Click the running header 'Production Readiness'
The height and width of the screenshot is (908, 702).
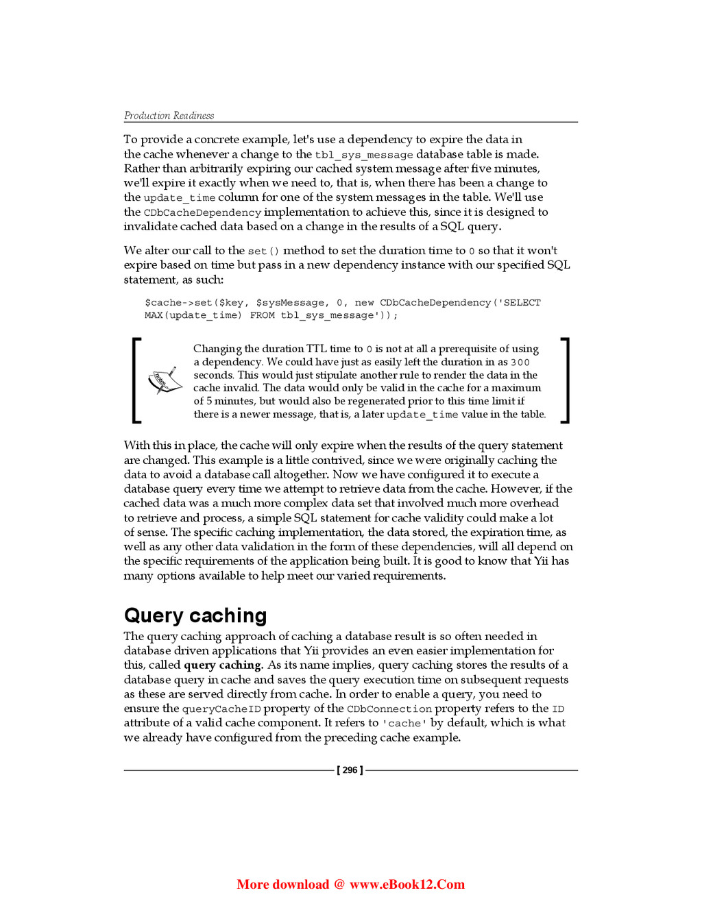click(x=169, y=116)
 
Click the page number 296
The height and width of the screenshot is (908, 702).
click(x=350, y=770)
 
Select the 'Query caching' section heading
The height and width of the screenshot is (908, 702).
click(x=195, y=615)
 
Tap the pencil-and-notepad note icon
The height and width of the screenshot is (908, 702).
click(x=165, y=380)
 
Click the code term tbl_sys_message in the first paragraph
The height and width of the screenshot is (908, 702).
click(x=363, y=155)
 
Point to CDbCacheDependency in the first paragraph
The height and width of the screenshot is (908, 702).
click(x=202, y=213)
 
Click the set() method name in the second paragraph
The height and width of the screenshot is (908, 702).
click(x=263, y=251)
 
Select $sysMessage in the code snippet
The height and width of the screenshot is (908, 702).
click(x=290, y=303)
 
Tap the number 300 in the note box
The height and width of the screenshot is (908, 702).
click(x=520, y=363)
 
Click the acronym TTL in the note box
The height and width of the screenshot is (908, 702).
click(x=316, y=349)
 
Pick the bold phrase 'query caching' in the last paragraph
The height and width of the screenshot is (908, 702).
click(x=223, y=665)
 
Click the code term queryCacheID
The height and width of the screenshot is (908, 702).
click(x=221, y=709)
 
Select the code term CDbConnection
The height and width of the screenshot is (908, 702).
click(x=389, y=709)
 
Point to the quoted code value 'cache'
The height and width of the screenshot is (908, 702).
click(x=404, y=724)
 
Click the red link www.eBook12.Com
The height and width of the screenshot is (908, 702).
click(x=407, y=885)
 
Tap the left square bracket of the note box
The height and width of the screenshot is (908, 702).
click(x=136, y=380)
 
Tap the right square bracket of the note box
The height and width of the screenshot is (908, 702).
click(x=565, y=380)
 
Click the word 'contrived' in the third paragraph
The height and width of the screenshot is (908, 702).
click(x=337, y=461)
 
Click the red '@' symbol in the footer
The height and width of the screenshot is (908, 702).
click(x=339, y=885)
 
